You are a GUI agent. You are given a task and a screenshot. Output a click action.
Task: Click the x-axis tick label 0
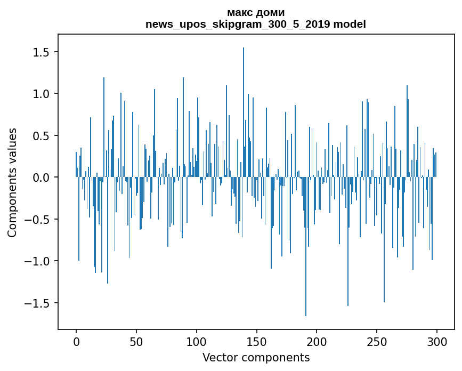click(x=76, y=341)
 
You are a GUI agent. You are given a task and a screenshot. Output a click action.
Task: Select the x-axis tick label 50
click(x=136, y=341)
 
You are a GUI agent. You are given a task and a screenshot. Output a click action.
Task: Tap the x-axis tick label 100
click(x=197, y=341)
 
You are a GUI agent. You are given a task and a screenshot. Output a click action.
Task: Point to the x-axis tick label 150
click(x=256, y=341)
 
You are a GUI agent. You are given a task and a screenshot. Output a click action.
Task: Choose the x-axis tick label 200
click(x=317, y=341)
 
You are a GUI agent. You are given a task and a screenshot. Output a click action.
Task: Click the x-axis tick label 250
click(x=377, y=341)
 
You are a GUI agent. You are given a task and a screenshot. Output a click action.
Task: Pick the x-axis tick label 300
click(x=437, y=341)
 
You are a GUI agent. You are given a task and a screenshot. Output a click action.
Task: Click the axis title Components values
click(x=12, y=182)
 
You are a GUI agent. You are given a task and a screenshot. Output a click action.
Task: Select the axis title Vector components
click(x=256, y=357)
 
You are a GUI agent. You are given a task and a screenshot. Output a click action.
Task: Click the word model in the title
click(x=349, y=24)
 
